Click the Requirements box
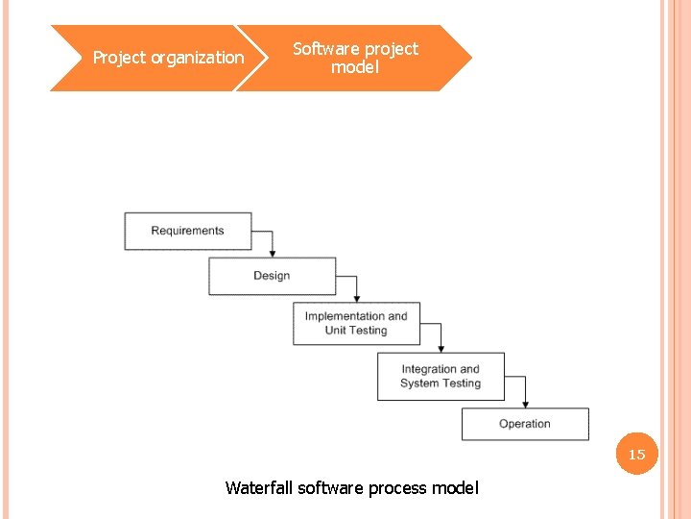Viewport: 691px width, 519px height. pyautogui.click(x=188, y=231)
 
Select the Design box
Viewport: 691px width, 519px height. pyautogui.click(x=273, y=276)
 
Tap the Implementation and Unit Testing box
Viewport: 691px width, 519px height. pyautogui.click(x=356, y=323)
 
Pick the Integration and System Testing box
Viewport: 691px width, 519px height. pyautogui.click(x=441, y=376)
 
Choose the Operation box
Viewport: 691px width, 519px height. pyautogui.click(x=525, y=424)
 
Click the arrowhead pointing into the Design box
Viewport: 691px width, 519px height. pyautogui.click(x=273, y=252)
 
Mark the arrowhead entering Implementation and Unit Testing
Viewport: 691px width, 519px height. pyautogui.click(x=356, y=297)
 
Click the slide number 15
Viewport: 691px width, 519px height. pyautogui.click(x=637, y=455)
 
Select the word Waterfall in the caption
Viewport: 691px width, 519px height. pyautogui.click(x=259, y=488)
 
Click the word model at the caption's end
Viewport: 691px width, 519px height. pyautogui.click(x=455, y=488)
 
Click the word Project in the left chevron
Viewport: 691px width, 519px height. pyautogui.click(x=119, y=58)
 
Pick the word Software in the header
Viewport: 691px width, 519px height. pyautogui.click(x=325, y=48)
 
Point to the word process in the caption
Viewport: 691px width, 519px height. pyautogui.click(x=396, y=489)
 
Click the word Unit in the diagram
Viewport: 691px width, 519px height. pyautogui.click(x=336, y=331)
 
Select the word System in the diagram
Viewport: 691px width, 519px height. pyautogui.click(x=419, y=383)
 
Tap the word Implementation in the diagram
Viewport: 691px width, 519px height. pyautogui.click(x=345, y=316)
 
